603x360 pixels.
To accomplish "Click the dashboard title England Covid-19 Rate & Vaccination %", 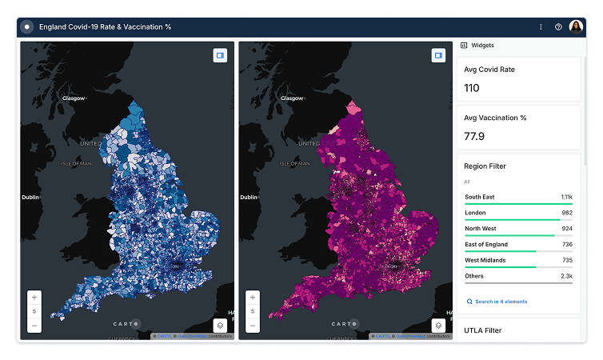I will pyautogui.click(x=105, y=26).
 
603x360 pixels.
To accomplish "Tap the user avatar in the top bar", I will pyautogui.click(x=576, y=26).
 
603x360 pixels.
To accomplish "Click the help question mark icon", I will pyautogui.click(x=558, y=26).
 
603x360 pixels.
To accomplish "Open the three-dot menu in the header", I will pyautogui.click(x=541, y=26).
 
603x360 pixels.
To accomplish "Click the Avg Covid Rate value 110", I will pyautogui.click(x=472, y=88).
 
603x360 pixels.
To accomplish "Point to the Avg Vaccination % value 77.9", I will pyautogui.click(x=474, y=136).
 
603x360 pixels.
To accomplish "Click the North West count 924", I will pyautogui.click(x=566, y=228).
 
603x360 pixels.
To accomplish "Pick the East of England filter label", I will pyautogui.click(x=486, y=244).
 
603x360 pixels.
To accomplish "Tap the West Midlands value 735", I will pyautogui.click(x=566, y=260).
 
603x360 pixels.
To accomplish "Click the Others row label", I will pyautogui.click(x=474, y=276).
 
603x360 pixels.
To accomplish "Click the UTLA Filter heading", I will pyautogui.click(x=483, y=330).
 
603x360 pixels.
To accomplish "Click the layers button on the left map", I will pyautogui.click(x=220, y=326).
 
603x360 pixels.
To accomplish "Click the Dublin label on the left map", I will pyautogui.click(x=30, y=197).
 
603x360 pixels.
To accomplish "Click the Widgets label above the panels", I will pyautogui.click(x=482, y=46).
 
